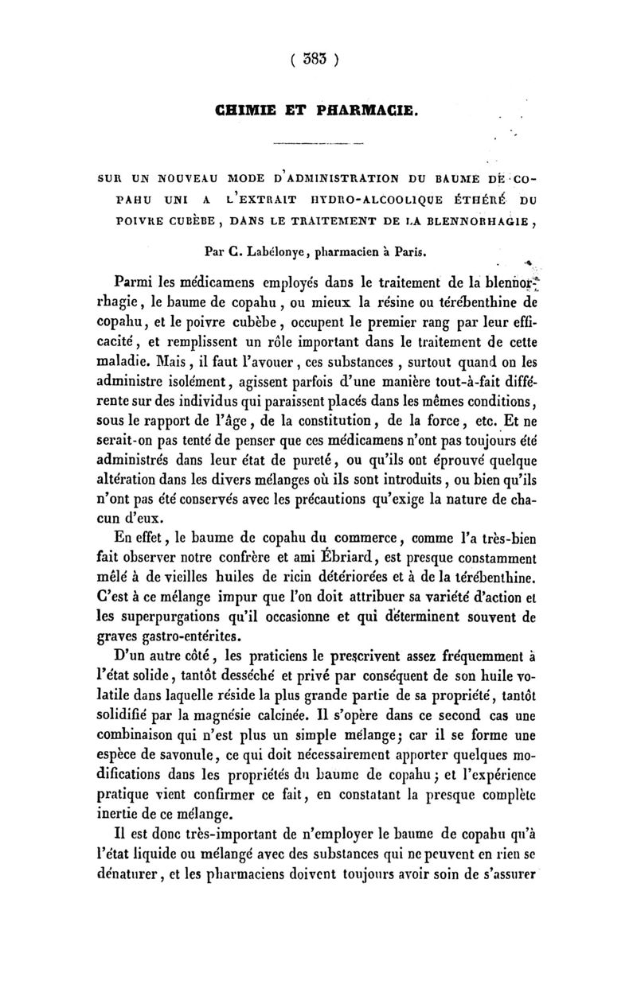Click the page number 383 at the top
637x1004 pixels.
(317, 58)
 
